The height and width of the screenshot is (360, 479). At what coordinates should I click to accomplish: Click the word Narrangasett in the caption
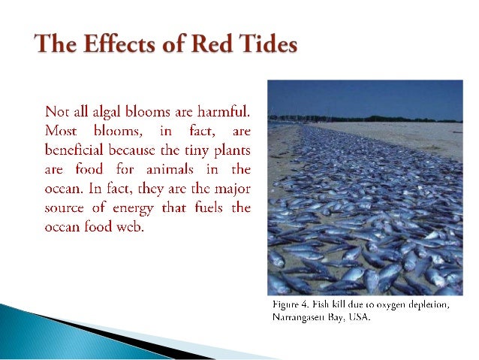299,317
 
